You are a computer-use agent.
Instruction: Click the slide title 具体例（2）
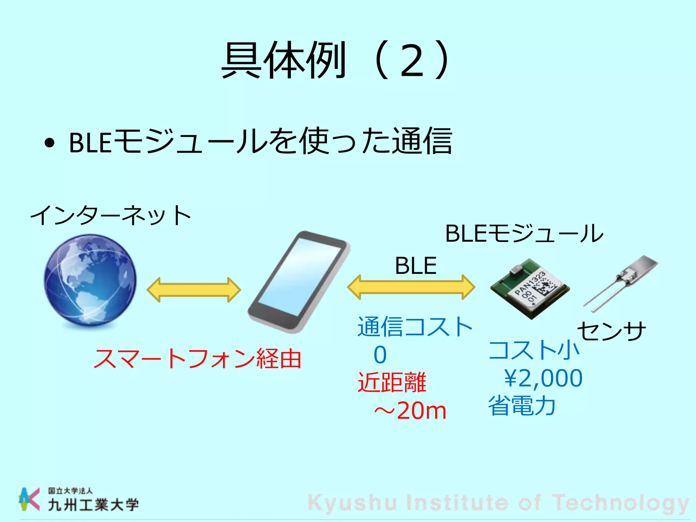point(336,60)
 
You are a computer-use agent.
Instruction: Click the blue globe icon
point(90,280)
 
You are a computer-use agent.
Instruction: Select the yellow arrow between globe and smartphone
point(194,290)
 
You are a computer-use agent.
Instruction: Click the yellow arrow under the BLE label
point(411,287)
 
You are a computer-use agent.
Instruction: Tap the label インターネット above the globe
point(110,215)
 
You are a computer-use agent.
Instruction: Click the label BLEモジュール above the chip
point(524,233)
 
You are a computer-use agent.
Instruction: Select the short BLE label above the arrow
point(416,265)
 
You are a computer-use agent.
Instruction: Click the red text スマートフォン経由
point(197,359)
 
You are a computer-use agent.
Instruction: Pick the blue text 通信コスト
point(415,327)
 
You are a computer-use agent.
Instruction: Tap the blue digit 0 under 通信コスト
point(380,355)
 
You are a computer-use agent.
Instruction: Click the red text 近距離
point(392,383)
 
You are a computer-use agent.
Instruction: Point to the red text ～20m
point(410,411)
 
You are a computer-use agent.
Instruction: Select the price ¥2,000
point(543,378)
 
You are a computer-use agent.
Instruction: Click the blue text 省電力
point(522,406)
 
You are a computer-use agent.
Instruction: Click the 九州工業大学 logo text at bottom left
point(93,505)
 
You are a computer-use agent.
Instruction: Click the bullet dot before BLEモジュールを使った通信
point(50,143)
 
